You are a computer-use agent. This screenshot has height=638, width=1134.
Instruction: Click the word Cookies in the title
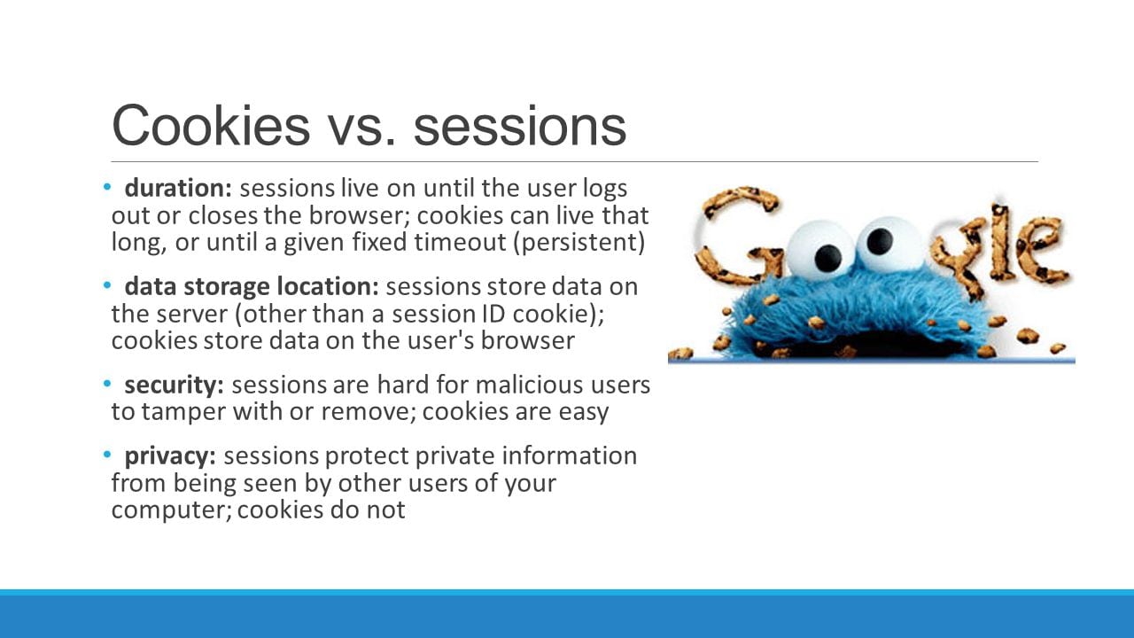[x=211, y=125]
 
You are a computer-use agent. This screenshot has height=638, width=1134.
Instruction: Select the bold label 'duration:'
[x=178, y=189]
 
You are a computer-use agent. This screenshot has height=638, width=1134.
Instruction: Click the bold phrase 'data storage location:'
[x=252, y=287]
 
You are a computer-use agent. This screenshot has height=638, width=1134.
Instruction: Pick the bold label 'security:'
[x=174, y=385]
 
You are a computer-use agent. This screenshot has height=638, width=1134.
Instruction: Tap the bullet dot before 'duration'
[x=108, y=188]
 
